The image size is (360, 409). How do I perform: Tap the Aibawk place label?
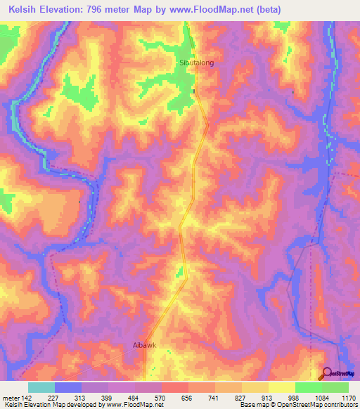(x=143, y=346)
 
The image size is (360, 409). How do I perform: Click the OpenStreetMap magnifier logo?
(x=327, y=373)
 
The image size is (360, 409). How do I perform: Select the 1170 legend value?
(x=349, y=397)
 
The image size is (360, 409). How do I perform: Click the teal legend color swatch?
(x=41, y=387)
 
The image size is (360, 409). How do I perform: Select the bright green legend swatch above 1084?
(x=309, y=387)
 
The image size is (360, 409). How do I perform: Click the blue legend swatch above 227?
(x=68, y=387)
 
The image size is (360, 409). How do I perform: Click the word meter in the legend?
(x=12, y=397)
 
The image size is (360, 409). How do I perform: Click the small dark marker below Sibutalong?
(x=195, y=91)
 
